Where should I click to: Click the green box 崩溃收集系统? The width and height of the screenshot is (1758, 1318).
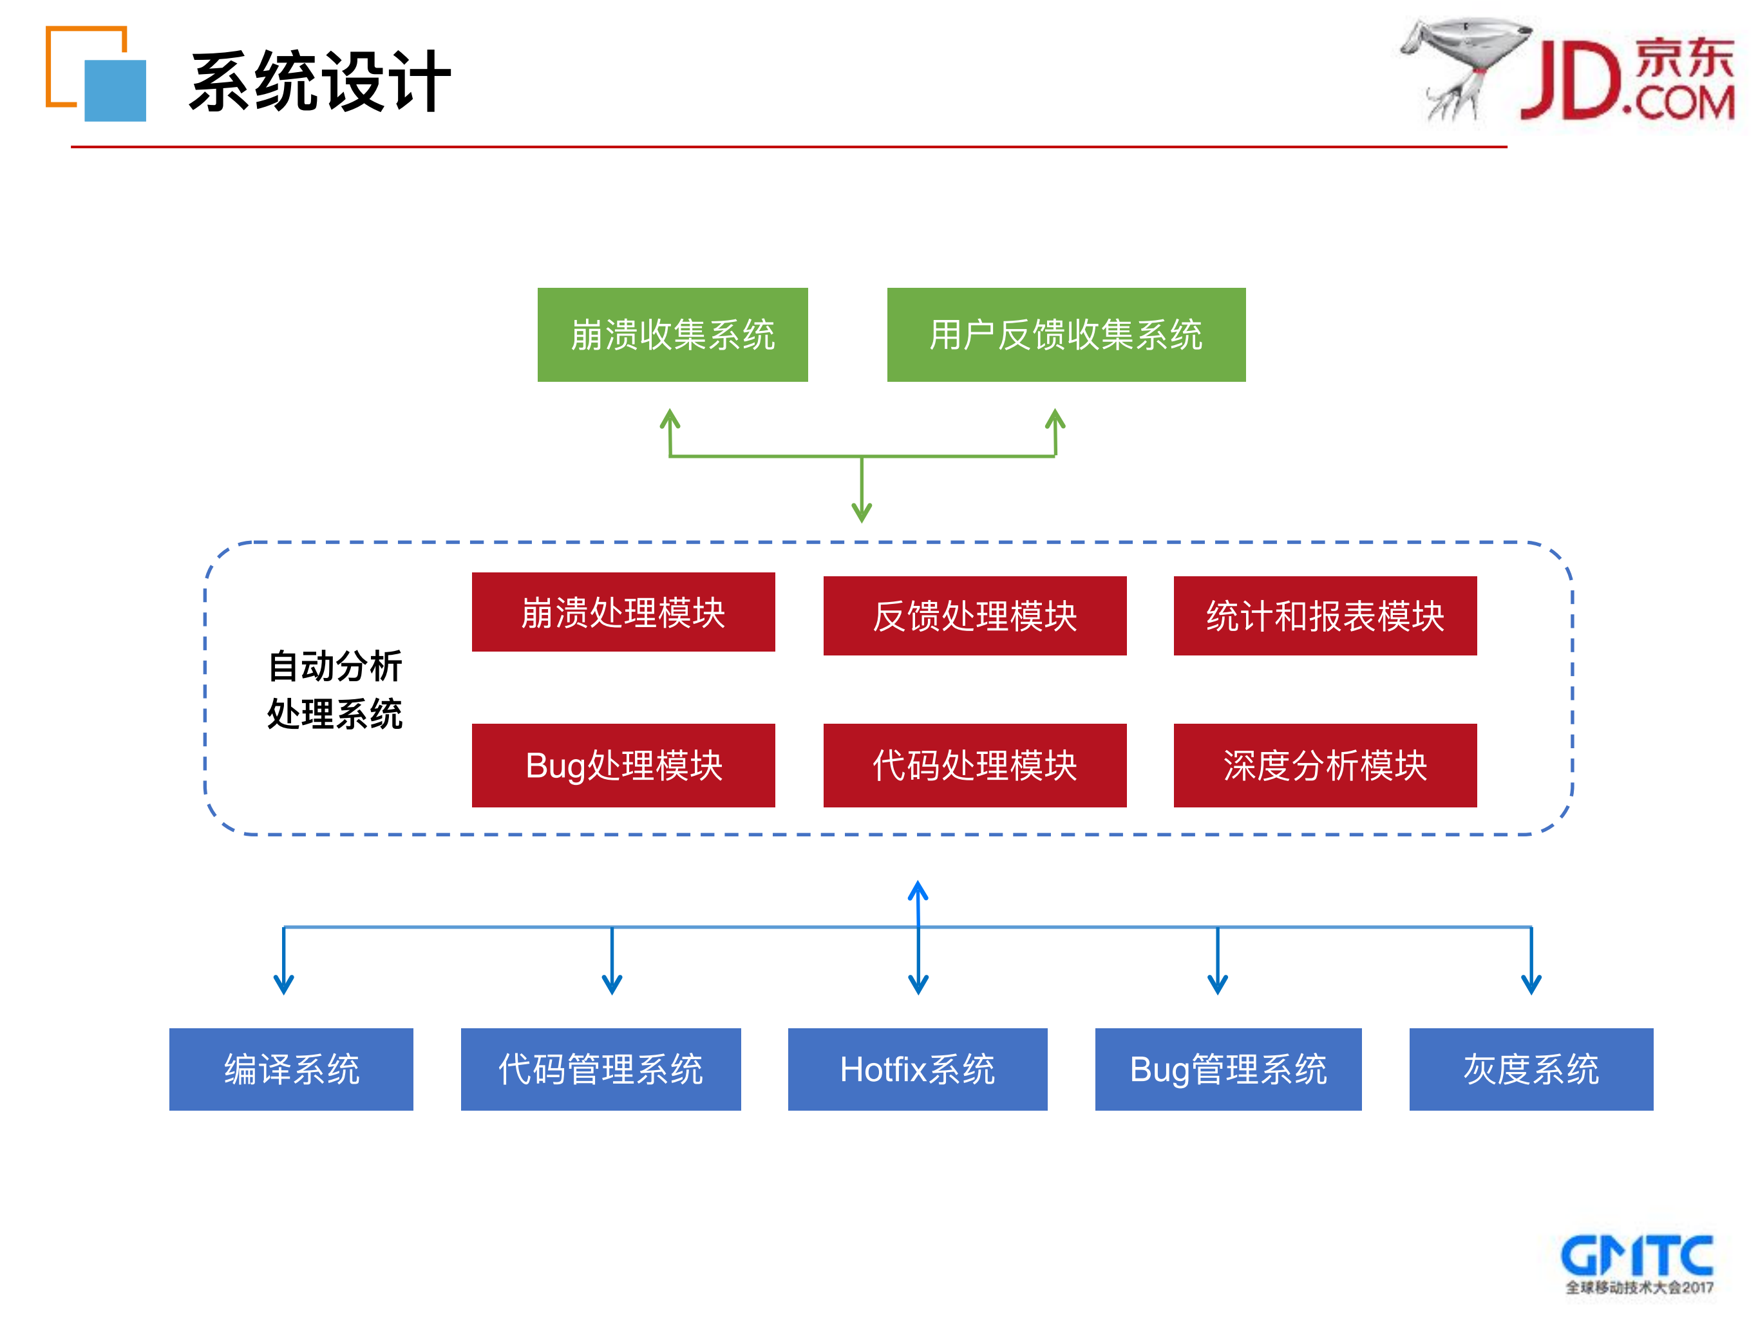coord(672,334)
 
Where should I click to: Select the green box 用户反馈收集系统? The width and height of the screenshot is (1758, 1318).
coord(1066,334)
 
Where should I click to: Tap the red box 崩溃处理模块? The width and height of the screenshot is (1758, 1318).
coord(623,612)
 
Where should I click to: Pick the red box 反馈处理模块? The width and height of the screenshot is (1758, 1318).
coord(974,616)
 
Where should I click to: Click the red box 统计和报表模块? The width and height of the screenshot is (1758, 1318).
coord(1325,616)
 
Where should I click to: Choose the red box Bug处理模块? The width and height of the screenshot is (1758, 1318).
coord(623,765)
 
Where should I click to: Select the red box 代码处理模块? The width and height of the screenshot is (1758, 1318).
coord(974,765)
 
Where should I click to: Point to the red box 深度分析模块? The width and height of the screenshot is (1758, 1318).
coord(1325,765)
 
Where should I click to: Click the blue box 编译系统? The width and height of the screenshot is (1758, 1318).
coord(291,1069)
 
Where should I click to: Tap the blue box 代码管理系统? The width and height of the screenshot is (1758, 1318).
coord(601,1069)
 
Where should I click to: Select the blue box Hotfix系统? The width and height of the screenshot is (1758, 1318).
coord(917,1069)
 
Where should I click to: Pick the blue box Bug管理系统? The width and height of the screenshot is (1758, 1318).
coord(1228,1069)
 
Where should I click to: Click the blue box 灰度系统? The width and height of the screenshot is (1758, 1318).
coord(1531,1069)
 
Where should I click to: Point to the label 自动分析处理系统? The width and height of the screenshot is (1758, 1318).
coord(335,690)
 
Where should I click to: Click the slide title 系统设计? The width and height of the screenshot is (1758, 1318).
coord(320,81)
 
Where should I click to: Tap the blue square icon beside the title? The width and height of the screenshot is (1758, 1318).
coord(116,91)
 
